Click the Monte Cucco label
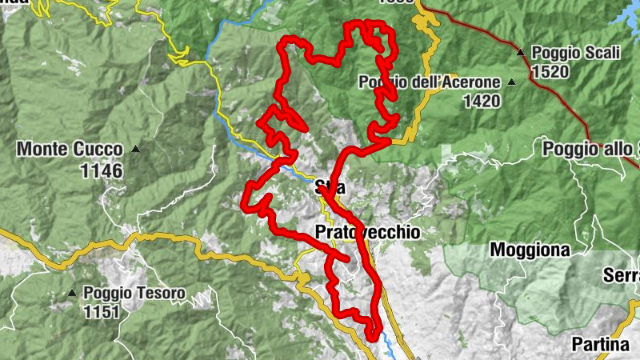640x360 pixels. point(70,150)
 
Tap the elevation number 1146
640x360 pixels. point(102,170)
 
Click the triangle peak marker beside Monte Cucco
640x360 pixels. point(136,149)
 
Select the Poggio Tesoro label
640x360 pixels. point(134,294)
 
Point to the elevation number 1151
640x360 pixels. point(102,312)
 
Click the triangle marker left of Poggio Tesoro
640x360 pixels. point(73,294)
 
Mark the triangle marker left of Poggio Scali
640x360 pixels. point(521,53)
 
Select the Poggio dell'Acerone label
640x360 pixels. point(430,82)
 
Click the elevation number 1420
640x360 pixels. point(481,101)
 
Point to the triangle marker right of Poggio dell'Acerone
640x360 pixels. point(511,82)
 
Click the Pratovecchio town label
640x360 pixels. point(367,232)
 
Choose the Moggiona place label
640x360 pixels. point(530,250)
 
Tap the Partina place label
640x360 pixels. point(600,345)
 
